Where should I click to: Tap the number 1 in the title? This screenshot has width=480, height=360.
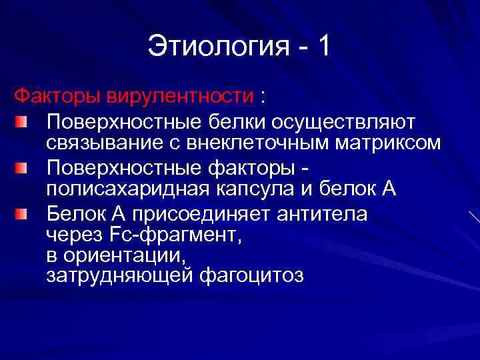tap(323, 47)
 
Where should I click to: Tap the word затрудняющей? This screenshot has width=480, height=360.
tap(120, 275)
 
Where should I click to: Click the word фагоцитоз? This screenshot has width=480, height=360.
tap(251, 275)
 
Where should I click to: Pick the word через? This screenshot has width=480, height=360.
tap(73, 234)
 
